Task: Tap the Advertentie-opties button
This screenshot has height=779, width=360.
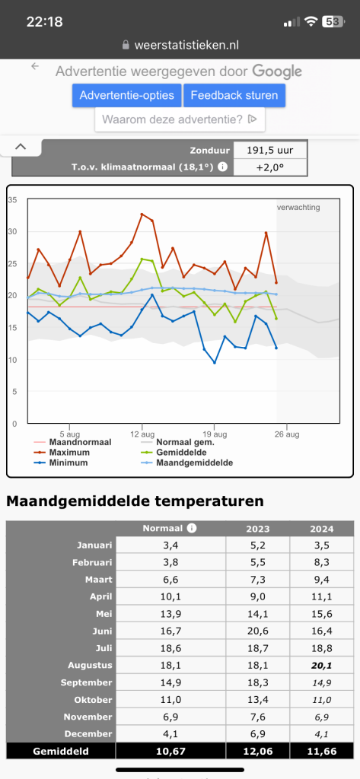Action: point(127,95)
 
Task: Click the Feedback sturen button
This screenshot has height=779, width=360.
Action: point(234,95)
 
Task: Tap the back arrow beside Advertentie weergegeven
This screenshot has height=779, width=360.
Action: point(35,66)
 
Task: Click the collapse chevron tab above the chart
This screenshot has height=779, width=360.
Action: point(21,147)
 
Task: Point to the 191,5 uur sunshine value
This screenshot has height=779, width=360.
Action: point(270,151)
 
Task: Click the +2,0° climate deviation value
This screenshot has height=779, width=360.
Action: point(270,167)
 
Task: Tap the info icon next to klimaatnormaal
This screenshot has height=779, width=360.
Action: point(223,167)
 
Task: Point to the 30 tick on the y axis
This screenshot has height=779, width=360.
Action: point(12,231)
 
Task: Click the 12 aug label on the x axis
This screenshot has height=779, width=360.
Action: point(142,434)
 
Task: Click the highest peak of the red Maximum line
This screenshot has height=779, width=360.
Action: point(142,214)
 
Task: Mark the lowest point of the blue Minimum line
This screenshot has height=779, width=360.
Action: point(215,363)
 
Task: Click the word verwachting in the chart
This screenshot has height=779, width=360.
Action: point(298,207)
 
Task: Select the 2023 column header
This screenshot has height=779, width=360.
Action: point(257,529)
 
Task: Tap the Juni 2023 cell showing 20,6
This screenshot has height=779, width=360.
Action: point(257,631)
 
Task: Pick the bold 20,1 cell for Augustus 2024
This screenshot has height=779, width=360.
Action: point(322,665)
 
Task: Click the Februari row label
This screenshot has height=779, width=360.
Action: point(94,562)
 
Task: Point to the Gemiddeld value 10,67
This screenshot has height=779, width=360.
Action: point(170,751)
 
